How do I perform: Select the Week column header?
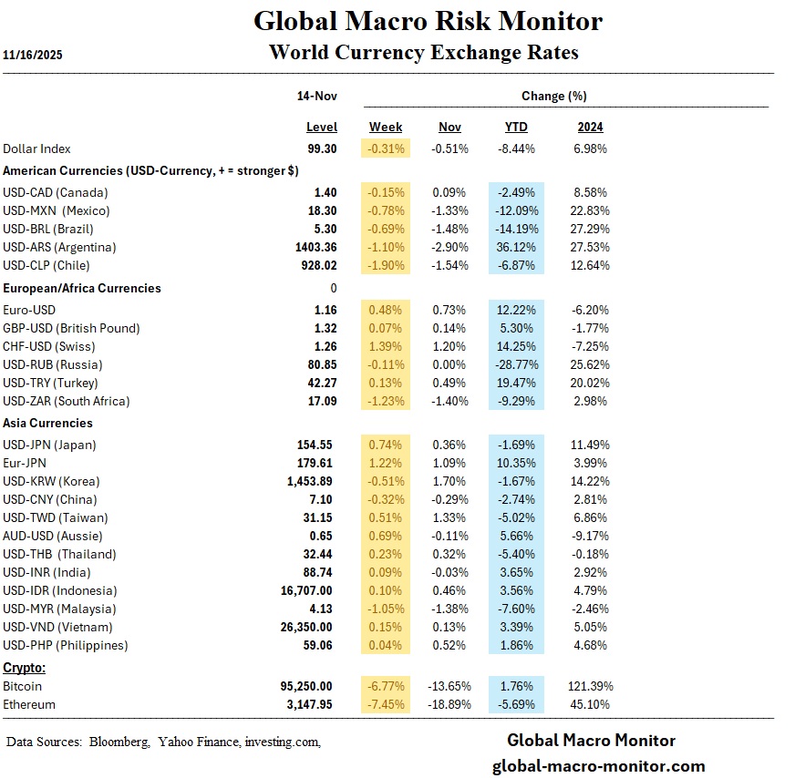click(386, 127)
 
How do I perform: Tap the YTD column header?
click(516, 127)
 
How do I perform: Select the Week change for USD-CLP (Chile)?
click(386, 265)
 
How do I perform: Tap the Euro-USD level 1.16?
click(325, 310)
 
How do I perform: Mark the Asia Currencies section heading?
click(47, 423)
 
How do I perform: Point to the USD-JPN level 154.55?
click(318, 445)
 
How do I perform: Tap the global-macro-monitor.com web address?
click(598, 765)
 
